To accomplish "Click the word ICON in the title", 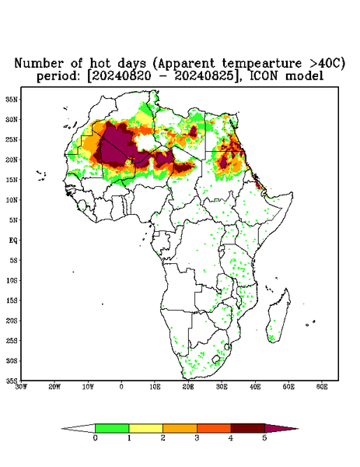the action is [x=264, y=75].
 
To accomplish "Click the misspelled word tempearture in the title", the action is [x=262, y=64].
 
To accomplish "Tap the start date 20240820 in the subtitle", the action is [x=121, y=76].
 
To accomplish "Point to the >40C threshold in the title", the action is [x=323, y=63].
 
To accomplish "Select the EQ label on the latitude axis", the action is [x=13, y=241].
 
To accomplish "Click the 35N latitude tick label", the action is [x=12, y=99].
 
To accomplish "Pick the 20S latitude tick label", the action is [x=12, y=321].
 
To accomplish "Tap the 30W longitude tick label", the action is [x=21, y=387].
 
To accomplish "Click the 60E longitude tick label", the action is [x=322, y=387].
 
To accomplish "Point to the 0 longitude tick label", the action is [x=121, y=387].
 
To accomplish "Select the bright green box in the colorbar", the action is [x=112, y=428].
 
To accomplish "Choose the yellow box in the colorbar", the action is [x=145, y=428].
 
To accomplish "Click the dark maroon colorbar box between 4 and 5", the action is [x=248, y=428].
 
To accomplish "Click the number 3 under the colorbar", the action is [x=197, y=438].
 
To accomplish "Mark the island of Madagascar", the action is [x=279, y=316].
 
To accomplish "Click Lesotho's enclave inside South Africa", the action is [x=216, y=359].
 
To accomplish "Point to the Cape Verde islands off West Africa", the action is [x=41, y=176].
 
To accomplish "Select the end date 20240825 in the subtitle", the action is [x=204, y=76].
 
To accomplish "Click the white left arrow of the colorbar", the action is [x=79, y=429].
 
